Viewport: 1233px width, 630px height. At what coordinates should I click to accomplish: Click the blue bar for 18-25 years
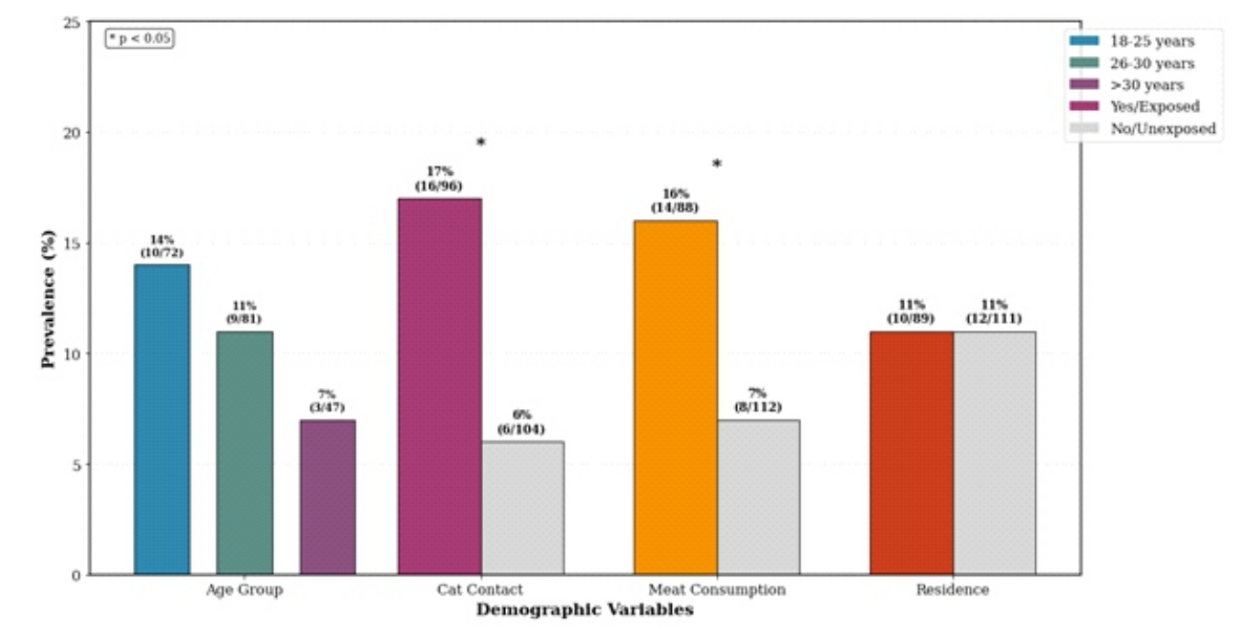pos(162,419)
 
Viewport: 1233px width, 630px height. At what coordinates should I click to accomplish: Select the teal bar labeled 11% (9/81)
pos(245,453)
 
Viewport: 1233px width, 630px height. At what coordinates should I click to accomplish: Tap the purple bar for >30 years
pos(327,497)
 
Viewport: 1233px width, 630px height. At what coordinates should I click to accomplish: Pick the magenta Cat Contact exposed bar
pos(439,386)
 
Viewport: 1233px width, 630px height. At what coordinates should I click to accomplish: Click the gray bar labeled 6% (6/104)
pos(523,508)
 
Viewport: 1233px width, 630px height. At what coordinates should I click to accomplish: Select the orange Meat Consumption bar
pos(676,397)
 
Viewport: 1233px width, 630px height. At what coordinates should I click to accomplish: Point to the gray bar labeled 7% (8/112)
pos(758,497)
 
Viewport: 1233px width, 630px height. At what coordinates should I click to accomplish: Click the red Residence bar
pos(911,453)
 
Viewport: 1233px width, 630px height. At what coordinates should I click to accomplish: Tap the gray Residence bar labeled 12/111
pos(994,453)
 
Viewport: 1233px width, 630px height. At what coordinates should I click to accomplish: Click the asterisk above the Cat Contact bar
pos(480,143)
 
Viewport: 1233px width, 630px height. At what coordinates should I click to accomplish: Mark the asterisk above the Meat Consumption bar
pos(717,165)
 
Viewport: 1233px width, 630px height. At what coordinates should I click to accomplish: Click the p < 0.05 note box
pos(139,39)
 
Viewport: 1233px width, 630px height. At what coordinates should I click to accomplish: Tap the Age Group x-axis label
pos(244,590)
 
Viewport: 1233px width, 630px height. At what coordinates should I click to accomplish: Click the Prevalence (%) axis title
pos(49,298)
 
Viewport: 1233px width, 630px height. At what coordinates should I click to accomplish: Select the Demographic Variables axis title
pos(584,610)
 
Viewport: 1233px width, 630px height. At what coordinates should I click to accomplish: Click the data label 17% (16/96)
pos(439,178)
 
